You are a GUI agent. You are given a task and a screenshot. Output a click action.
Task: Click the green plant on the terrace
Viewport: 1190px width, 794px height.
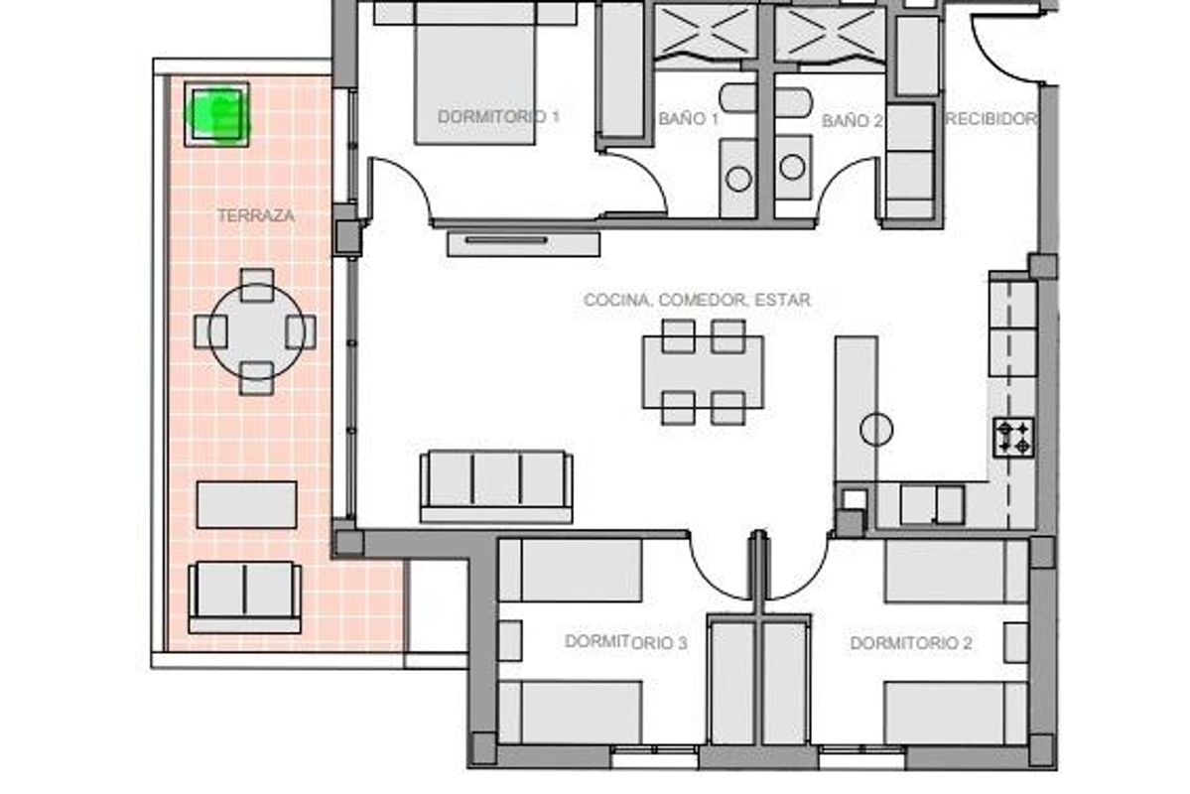[x=217, y=115]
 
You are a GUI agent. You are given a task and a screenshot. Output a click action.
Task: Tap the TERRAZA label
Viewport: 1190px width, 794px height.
[x=255, y=214]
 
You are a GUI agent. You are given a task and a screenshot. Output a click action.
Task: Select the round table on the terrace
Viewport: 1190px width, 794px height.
[x=256, y=331]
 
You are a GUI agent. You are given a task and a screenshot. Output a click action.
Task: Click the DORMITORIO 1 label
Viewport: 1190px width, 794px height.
[x=498, y=117]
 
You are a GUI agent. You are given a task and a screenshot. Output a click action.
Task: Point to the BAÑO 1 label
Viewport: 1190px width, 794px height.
[x=688, y=119]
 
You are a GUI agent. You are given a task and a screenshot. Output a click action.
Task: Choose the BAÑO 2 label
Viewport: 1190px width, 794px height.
[x=852, y=120]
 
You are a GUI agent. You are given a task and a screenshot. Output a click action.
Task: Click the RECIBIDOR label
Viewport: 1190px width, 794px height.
[x=992, y=119]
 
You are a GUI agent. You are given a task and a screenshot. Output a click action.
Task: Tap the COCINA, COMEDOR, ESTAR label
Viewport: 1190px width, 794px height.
[x=697, y=299]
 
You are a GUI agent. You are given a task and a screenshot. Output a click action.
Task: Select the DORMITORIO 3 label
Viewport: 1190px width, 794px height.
[x=625, y=642]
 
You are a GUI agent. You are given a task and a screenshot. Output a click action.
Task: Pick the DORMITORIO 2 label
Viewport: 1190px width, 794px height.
[x=910, y=643]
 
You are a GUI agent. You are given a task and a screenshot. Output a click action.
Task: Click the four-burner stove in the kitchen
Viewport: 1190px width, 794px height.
[x=1014, y=438]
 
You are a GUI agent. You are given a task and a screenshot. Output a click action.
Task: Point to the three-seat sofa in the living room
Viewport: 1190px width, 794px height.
[x=496, y=484]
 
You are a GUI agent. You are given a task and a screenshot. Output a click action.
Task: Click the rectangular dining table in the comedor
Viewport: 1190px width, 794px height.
[x=703, y=372]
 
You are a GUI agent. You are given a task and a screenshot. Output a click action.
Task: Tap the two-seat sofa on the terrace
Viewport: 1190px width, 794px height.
[x=244, y=595]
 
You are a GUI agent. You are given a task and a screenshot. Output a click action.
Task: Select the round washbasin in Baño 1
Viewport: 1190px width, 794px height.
[x=737, y=179]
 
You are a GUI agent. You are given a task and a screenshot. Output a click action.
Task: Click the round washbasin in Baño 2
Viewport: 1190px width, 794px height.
[x=792, y=167]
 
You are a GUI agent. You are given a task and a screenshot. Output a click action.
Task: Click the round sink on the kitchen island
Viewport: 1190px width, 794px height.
[x=875, y=429]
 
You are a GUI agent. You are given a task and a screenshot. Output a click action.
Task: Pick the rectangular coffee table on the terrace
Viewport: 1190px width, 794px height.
[x=246, y=504]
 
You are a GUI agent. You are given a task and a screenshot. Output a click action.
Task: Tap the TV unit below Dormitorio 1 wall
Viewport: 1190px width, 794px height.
[x=523, y=242]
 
